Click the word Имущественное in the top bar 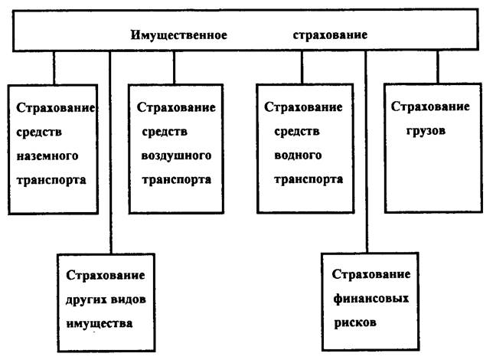(x=179, y=35)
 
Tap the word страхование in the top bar (x=330, y=35)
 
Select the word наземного (x=47, y=155)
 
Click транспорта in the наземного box (x=51, y=181)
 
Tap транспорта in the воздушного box (x=174, y=181)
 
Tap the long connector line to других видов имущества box (x=110, y=153)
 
